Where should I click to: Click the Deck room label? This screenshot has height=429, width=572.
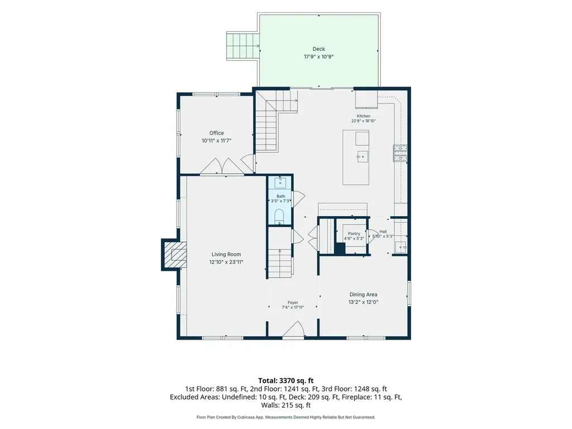click(318, 49)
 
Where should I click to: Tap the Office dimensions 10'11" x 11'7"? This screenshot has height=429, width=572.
click(217, 140)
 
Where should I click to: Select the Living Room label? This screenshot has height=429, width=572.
click(226, 254)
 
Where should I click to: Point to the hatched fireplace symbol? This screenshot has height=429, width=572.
click(175, 255)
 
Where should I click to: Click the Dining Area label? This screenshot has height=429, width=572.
click(363, 294)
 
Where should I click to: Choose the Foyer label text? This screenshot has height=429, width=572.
click(293, 302)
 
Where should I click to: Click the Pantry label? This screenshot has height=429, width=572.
click(354, 233)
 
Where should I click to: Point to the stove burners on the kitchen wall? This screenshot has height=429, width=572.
click(400, 153)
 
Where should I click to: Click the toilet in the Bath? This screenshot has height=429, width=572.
click(279, 216)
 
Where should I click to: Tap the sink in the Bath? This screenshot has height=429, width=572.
click(280, 182)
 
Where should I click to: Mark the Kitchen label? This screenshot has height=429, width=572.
click(363, 116)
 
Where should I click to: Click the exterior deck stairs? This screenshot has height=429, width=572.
click(242, 46)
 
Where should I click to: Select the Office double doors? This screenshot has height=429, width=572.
click(222, 166)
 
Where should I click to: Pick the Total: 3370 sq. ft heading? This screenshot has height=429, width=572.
click(286, 381)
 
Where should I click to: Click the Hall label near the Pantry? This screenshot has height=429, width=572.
click(383, 231)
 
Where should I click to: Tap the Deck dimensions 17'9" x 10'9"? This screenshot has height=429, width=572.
click(319, 56)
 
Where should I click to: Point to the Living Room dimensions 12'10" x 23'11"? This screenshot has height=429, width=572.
click(226, 262)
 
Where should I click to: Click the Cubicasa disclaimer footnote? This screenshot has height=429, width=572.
click(286, 417)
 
